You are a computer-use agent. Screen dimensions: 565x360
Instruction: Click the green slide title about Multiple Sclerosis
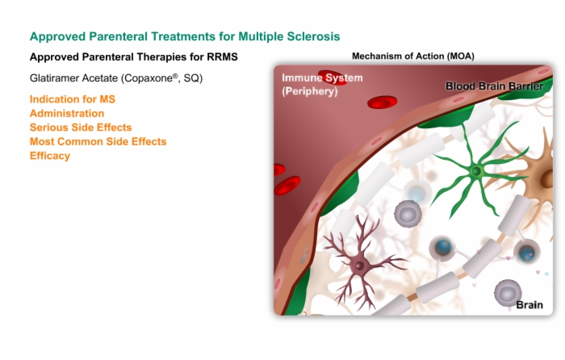point(185,36)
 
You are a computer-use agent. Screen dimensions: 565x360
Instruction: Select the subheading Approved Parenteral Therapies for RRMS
point(134,57)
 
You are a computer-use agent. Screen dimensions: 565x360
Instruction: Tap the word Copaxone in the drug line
point(149,78)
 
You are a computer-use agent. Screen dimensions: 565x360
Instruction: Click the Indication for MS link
point(73,99)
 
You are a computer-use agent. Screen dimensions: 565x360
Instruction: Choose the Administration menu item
point(67,113)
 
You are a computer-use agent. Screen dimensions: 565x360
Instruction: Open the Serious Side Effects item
point(81,128)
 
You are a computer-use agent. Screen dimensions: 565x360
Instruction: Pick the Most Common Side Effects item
point(98,141)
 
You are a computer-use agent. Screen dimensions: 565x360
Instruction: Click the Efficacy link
point(50,156)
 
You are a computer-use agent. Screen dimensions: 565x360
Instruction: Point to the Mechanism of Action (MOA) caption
point(413,57)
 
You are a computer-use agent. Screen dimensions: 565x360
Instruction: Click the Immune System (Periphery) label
point(322,84)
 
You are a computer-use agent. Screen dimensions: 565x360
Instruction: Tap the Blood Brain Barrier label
point(494,86)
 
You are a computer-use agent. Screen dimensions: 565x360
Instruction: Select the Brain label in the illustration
point(529,305)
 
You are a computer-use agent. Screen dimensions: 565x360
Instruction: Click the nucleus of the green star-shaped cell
point(476,171)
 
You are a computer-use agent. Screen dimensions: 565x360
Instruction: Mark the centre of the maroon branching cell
point(359,266)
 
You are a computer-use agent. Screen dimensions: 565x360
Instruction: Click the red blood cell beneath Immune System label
point(382,102)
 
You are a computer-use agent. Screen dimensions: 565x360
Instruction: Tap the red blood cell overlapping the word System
point(333,77)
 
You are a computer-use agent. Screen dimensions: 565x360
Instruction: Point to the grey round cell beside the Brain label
point(508,294)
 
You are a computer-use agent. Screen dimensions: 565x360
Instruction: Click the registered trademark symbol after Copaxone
point(175,76)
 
